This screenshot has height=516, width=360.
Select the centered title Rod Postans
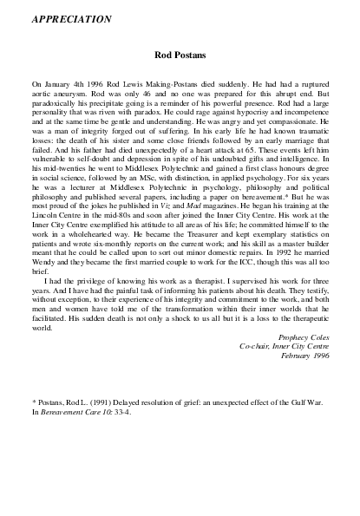pos(180,54)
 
